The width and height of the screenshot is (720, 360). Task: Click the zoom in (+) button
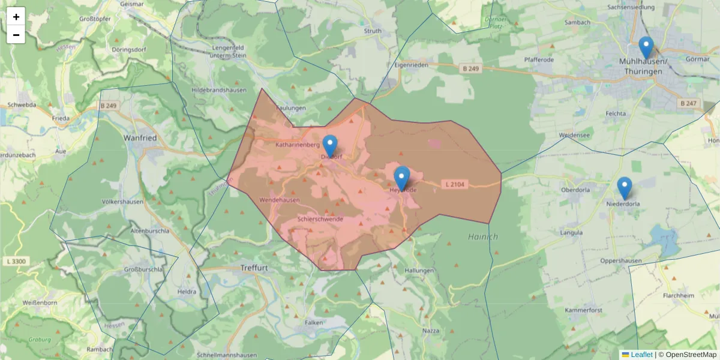(x=16, y=16)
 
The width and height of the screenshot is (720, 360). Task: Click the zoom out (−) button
(x=16, y=35)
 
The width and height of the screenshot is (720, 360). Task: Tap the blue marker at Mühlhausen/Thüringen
(x=646, y=47)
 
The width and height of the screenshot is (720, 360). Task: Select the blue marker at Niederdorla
(x=625, y=187)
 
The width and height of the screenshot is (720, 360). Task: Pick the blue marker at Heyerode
(x=402, y=177)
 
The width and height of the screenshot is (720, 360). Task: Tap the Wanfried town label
(x=140, y=137)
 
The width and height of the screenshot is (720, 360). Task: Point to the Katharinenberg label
(x=298, y=145)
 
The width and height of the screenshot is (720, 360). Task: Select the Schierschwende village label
(x=320, y=219)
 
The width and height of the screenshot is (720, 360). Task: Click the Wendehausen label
(x=279, y=200)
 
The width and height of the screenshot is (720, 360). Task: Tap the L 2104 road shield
(x=454, y=184)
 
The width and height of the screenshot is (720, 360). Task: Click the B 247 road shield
(x=689, y=104)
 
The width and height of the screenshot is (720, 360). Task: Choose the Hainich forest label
(x=483, y=237)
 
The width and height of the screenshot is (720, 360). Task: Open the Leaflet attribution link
(x=641, y=355)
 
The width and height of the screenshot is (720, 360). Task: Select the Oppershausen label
(x=621, y=261)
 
